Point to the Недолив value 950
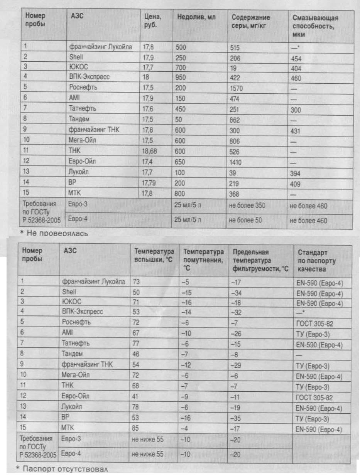point(181,77)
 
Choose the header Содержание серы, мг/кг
point(251,21)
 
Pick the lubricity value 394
point(295,173)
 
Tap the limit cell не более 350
point(247,205)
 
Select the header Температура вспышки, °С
point(154,255)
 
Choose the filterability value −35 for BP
point(235,418)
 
